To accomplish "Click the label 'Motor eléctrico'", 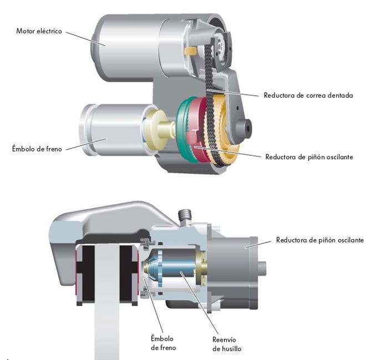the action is coord(39,31).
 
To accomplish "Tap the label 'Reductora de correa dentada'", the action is coord(308,95).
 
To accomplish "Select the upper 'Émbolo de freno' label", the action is coord(37,149).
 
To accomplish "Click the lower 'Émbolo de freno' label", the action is coord(163,343).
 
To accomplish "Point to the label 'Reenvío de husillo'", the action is coord(227,344).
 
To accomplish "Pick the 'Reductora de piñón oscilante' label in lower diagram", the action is coord(320,240).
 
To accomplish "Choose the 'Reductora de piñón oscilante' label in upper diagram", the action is coord(309,157).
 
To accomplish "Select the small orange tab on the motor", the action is coord(190,50).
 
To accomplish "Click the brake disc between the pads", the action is coord(107,301).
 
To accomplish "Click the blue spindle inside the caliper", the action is coord(178,267).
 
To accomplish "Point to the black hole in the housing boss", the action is coord(248,129).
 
